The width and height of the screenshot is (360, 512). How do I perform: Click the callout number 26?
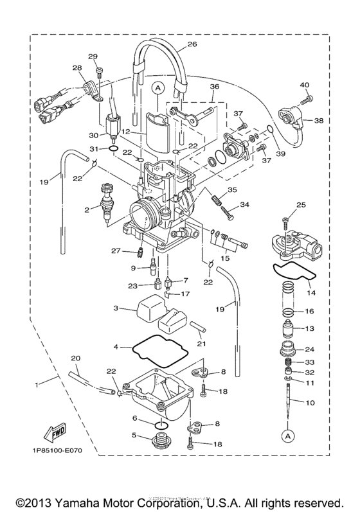192,45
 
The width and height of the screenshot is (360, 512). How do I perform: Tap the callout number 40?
304,85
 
